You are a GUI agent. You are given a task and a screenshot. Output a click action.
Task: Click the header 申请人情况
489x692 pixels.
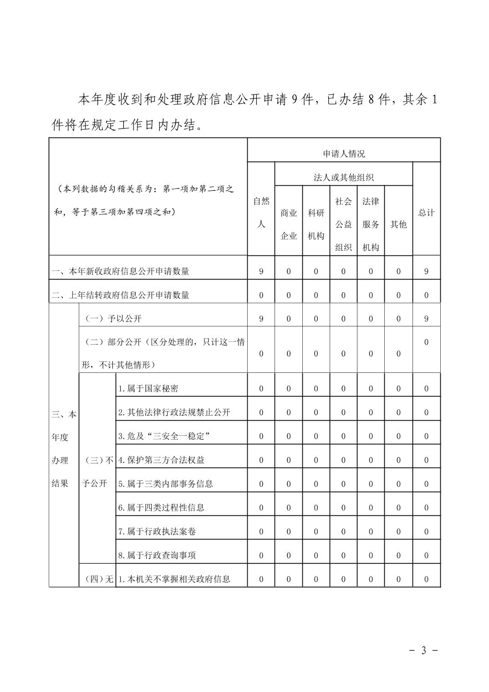344,154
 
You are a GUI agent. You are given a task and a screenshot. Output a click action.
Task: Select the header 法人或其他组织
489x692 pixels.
344,178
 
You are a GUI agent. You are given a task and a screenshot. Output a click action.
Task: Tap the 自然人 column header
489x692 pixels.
261,213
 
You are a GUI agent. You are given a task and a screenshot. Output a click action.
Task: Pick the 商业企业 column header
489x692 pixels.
289,224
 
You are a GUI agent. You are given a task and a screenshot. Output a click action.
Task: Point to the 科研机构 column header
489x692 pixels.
316,224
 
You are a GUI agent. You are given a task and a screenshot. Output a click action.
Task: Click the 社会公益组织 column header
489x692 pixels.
343,224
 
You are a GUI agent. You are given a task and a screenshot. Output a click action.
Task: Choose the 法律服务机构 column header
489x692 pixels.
371,224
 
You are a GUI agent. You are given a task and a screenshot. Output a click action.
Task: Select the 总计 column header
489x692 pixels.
426,213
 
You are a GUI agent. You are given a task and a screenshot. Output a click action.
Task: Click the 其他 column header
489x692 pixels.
398,224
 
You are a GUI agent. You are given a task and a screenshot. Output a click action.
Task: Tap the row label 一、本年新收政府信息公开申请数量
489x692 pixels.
120,271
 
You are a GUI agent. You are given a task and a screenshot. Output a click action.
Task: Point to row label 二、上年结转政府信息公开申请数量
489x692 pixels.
120,295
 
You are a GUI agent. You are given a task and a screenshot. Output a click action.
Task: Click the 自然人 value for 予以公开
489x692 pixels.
261,319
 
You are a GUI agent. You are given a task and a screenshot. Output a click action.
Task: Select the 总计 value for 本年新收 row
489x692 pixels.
426,271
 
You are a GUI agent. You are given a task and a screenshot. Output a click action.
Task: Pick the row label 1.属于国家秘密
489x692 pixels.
148,388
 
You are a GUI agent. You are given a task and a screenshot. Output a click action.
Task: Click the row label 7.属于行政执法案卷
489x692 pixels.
157,531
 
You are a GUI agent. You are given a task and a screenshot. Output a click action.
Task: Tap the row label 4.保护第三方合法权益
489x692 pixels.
161,460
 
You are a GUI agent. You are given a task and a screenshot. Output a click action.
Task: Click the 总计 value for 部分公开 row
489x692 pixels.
426,342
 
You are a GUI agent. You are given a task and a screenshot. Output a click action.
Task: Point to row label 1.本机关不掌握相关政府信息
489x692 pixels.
174,579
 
